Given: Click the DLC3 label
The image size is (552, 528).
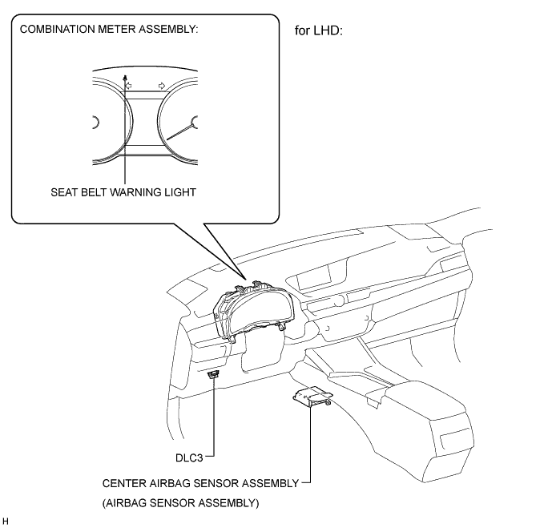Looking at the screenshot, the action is [189, 457].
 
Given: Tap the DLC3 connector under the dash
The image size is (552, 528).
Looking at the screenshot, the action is [213, 375].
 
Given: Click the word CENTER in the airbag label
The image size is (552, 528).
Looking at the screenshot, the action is [125, 483].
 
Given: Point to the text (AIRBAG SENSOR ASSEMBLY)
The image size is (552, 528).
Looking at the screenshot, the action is [180, 503].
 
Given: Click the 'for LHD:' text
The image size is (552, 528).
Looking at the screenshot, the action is [319, 30].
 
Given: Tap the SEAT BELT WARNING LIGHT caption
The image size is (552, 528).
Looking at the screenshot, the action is [123, 192].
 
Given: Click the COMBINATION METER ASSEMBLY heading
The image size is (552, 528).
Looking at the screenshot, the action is [109, 29].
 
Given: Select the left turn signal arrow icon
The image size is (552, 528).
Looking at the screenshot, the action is [129, 86].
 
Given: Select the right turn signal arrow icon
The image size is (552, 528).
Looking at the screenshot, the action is [162, 86].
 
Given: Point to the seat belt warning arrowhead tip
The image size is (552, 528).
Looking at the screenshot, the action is [125, 75].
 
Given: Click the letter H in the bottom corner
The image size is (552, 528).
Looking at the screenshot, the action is [6, 522].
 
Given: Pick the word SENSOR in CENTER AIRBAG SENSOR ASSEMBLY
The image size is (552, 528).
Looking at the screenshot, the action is [212, 483].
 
